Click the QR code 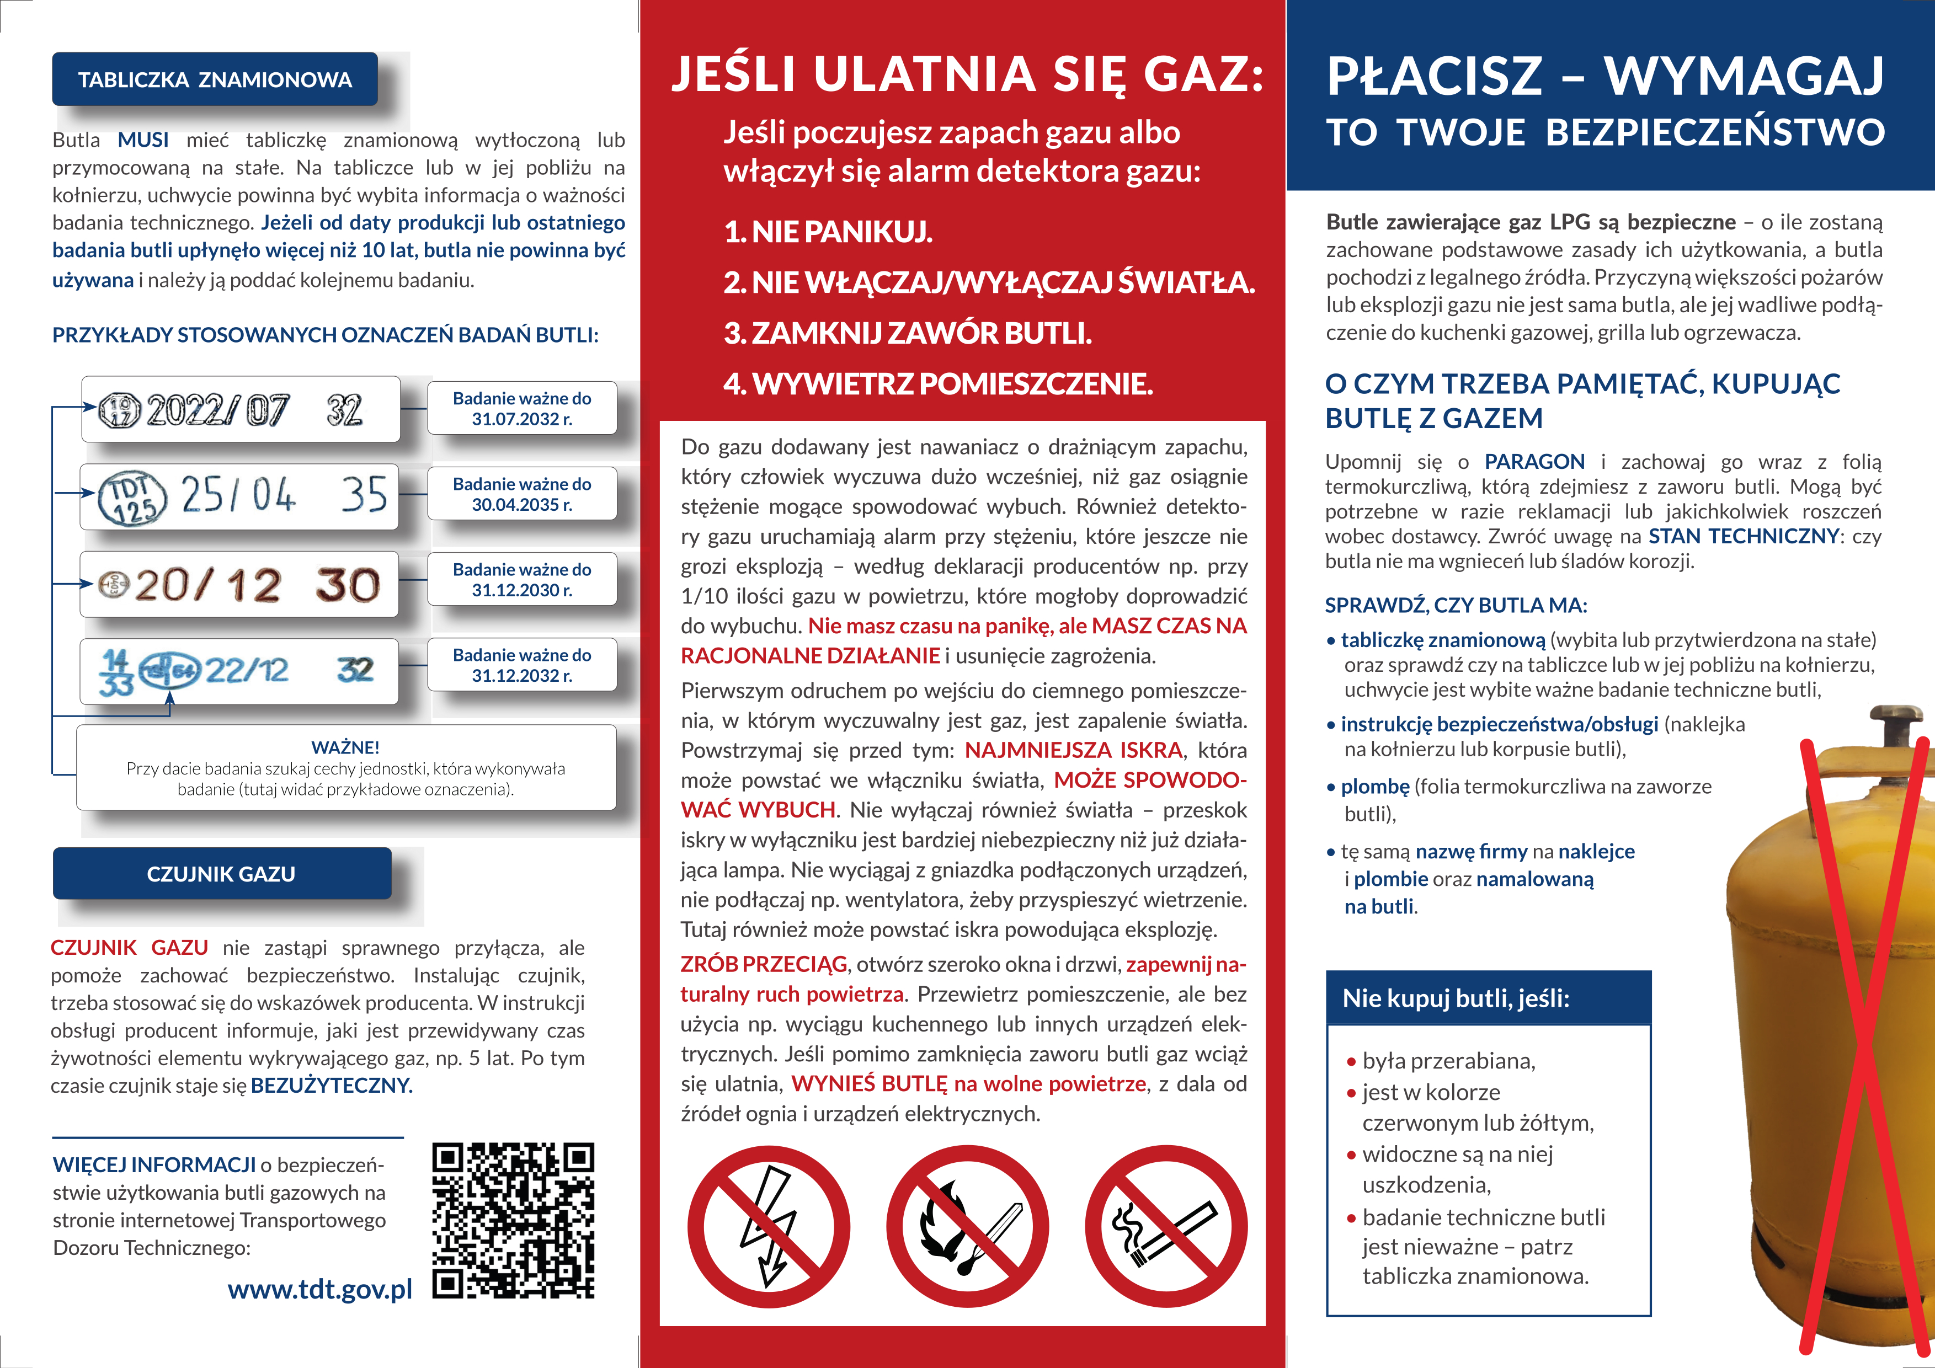513,1220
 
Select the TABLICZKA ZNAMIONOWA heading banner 215,80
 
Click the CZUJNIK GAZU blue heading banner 222,874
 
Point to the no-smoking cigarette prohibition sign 1165,1226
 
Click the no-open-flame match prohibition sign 967,1226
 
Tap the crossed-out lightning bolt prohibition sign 769,1226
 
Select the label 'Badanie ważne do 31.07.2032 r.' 521,409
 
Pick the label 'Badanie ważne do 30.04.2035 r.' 521,494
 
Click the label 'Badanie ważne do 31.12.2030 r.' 521,580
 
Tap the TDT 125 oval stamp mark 133,497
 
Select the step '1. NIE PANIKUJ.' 828,232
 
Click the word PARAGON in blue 1534,462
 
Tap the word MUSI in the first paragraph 143,140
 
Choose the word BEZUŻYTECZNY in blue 331,1085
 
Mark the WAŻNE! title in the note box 345,747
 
